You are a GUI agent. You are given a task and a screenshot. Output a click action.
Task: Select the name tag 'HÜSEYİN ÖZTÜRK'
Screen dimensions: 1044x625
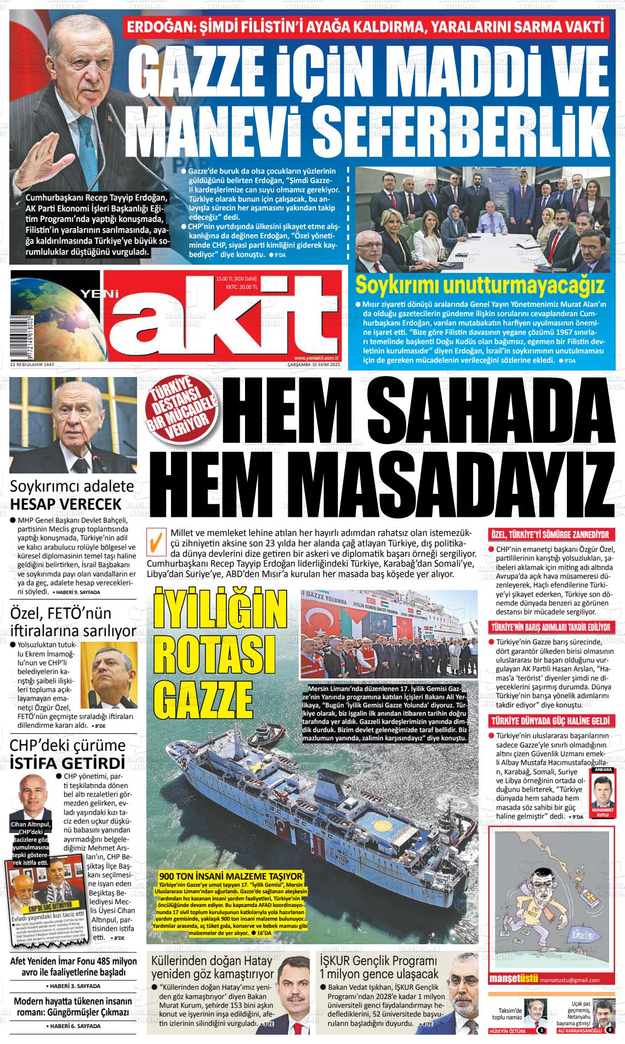point(507,1031)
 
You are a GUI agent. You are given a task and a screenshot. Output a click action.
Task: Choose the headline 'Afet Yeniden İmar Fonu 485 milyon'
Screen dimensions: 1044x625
point(73,962)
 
